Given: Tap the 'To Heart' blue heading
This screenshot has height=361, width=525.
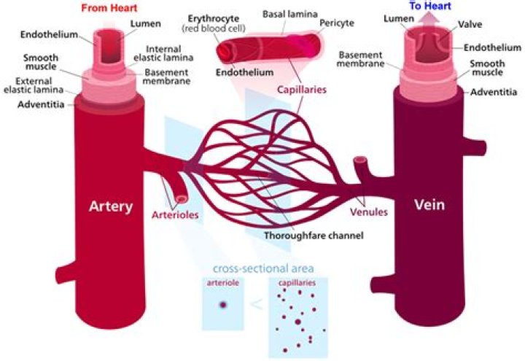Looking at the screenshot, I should point(429,6).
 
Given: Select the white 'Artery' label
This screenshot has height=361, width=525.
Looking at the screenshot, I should point(112,206).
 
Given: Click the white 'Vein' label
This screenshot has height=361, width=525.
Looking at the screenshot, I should point(429,206).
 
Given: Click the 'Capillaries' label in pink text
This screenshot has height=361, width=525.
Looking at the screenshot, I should point(300,91).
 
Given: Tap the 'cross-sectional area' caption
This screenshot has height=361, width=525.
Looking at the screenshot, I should point(263,268).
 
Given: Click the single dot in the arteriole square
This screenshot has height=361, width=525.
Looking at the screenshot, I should point(223,305).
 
